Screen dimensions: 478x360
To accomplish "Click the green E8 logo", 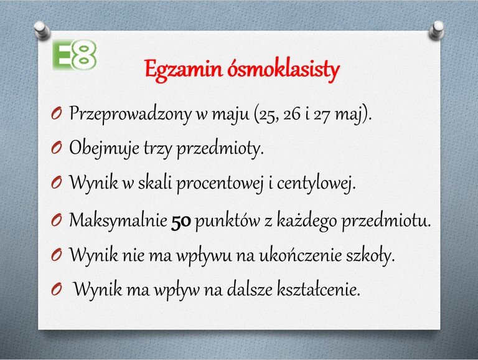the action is click(75, 55).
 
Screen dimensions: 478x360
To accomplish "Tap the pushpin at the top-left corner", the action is click(42, 30).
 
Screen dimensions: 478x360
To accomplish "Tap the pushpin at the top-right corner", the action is click(436, 30).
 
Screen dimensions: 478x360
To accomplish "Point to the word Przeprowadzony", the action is click(130, 114).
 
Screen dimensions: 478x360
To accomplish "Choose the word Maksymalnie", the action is click(118, 220).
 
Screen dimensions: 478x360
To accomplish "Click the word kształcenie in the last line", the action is click(319, 288).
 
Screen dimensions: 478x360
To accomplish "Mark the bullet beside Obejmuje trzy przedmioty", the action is click(57, 148).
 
